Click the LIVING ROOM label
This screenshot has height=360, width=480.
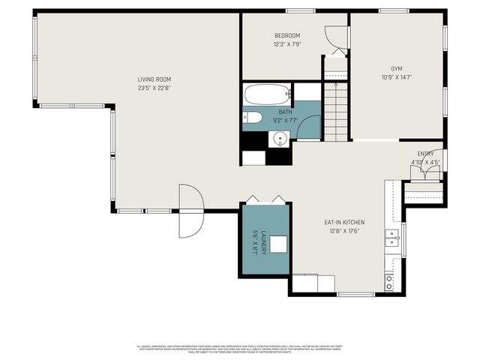point(154,79)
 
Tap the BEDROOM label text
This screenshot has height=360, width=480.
point(287,36)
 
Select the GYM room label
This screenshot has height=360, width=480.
point(397,67)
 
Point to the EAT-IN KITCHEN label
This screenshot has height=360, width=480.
point(344,222)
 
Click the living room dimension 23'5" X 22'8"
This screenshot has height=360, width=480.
point(154,88)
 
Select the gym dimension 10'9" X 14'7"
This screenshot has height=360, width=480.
point(397,76)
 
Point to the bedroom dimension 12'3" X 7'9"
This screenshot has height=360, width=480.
point(287,44)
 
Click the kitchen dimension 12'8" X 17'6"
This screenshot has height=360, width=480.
point(344,231)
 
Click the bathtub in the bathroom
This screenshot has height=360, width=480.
point(267,95)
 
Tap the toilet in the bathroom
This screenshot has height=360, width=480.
point(252,117)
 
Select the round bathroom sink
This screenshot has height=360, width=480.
point(280,139)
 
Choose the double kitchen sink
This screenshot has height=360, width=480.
point(391,238)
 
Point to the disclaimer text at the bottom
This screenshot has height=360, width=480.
point(240,348)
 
